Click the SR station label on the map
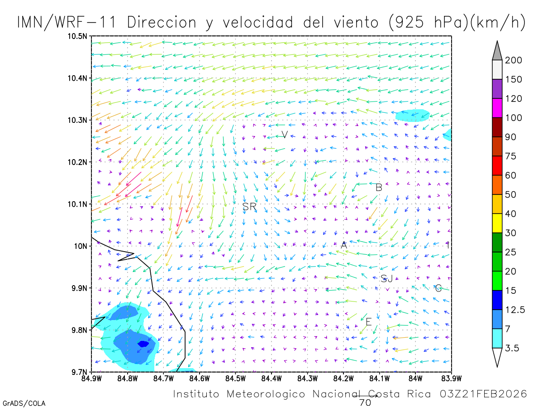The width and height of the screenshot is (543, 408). click(x=249, y=207)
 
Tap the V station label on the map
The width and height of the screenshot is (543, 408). click(x=285, y=134)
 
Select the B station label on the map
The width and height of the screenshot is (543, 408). click(x=379, y=187)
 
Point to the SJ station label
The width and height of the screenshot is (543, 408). click(x=386, y=278)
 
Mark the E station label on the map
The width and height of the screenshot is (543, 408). click(x=369, y=322)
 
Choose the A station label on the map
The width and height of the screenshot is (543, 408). click(x=344, y=245)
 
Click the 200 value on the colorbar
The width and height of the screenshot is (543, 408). click(x=514, y=60)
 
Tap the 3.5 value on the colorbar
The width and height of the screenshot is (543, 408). click(x=512, y=348)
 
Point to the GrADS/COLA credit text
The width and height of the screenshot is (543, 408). click(x=24, y=403)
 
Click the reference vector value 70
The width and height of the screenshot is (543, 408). click(x=365, y=402)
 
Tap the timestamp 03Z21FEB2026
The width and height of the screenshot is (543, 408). click(x=483, y=393)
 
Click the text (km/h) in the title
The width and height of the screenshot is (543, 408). click(x=497, y=23)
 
